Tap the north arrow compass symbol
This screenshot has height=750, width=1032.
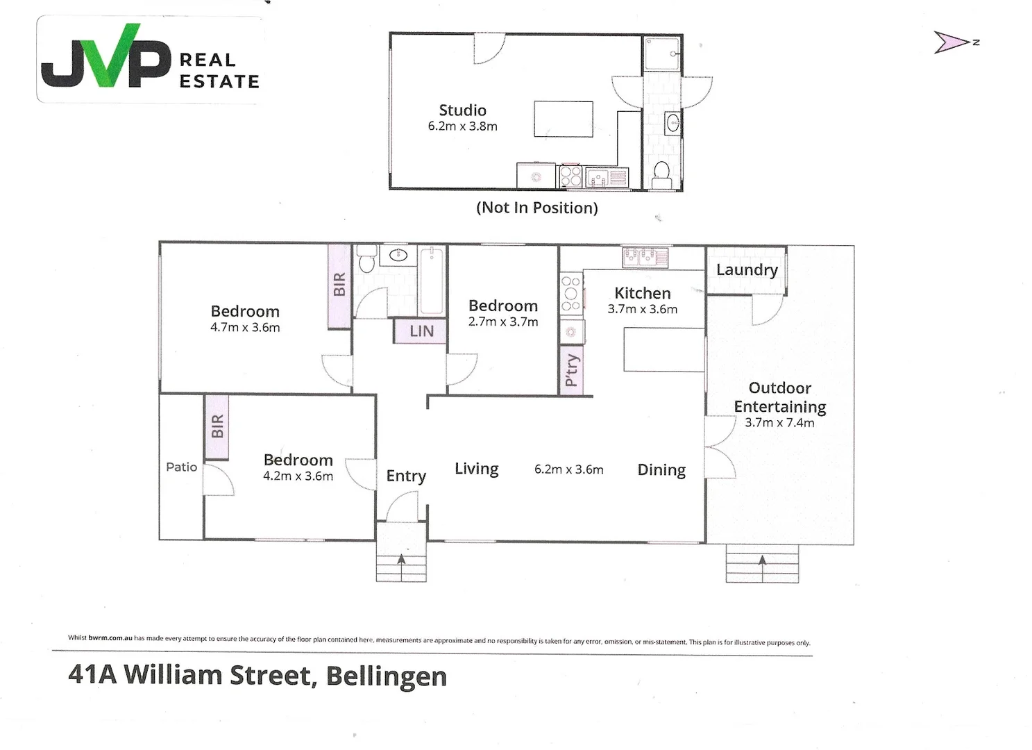click(x=952, y=42)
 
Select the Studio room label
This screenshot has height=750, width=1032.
click(x=462, y=110)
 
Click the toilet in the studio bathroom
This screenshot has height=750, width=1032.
click(x=661, y=173)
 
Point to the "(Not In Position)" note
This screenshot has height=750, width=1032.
click(x=536, y=208)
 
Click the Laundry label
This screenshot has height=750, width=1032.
click(x=747, y=269)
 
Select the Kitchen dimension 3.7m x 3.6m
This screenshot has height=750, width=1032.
click(x=642, y=310)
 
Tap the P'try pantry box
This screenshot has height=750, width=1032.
click(x=571, y=369)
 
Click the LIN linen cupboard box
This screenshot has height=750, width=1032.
click(x=421, y=331)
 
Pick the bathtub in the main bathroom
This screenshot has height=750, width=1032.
click(x=432, y=280)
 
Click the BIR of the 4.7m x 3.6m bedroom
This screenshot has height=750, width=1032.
click(x=339, y=285)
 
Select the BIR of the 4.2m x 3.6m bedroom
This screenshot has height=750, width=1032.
click(x=217, y=427)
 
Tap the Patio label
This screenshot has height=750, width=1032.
click(x=181, y=467)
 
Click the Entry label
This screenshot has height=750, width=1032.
click(x=406, y=476)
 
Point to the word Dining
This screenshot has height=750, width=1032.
click(x=661, y=470)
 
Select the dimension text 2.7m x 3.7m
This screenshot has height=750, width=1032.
click(x=503, y=322)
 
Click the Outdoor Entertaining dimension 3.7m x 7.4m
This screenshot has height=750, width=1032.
click(x=779, y=423)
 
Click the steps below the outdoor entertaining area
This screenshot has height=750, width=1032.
click(x=762, y=565)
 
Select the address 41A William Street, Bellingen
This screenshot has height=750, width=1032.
click(x=257, y=676)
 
